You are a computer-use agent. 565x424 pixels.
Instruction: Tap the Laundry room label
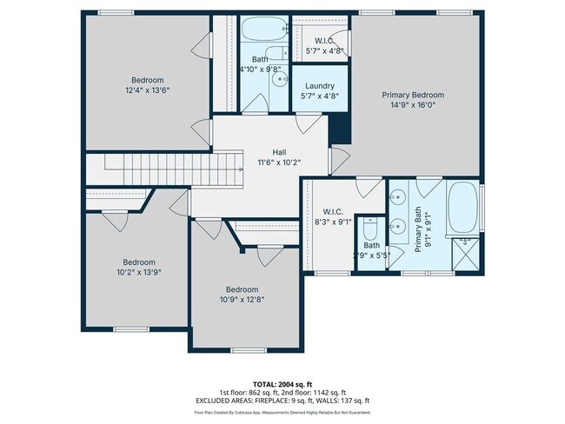click(319, 86)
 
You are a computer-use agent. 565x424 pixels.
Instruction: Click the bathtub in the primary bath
click(462, 207)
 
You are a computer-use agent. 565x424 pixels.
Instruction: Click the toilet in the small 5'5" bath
click(369, 232)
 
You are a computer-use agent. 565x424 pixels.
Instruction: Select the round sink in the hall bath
click(281, 79)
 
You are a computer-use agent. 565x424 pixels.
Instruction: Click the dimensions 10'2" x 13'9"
click(138, 272)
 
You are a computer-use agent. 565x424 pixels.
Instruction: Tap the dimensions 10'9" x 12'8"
click(243, 300)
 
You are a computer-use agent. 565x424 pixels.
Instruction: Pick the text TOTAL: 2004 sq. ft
click(282, 384)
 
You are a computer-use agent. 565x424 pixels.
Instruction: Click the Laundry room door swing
click(304, 123)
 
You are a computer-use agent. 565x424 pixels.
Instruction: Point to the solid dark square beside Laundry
click(339, 130)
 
